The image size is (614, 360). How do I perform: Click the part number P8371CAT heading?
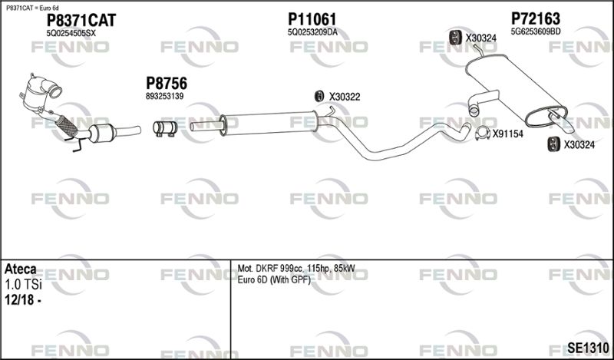tap(81, 21)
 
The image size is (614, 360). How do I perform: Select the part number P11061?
tap(312, 18)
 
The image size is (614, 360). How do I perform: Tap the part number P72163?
tap(535, 18)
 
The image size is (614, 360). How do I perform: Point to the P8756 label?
tap(167, 84)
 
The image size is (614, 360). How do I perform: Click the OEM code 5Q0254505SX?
tap(71, 34)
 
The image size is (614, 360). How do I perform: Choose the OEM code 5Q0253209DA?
tap(312, 32)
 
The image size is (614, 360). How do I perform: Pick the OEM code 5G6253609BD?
tap(536, 31)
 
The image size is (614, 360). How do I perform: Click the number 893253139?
tap(164, 97)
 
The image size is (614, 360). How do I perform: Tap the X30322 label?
tap(345, 97)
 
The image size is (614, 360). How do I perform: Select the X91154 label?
tap(508, 134)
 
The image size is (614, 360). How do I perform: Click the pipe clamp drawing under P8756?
tap(165, 128)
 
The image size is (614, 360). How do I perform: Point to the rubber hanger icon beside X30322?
tap(319, 96)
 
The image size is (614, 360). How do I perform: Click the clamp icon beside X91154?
tap(483, 134)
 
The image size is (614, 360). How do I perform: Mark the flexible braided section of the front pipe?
tap(66, 126)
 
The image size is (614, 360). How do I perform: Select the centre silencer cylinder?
tap(269, 123)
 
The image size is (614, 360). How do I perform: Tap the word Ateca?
tap(21, 269)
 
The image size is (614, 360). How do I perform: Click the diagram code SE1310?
tap(588, 347)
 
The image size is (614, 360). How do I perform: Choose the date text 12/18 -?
tap(23, 300)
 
